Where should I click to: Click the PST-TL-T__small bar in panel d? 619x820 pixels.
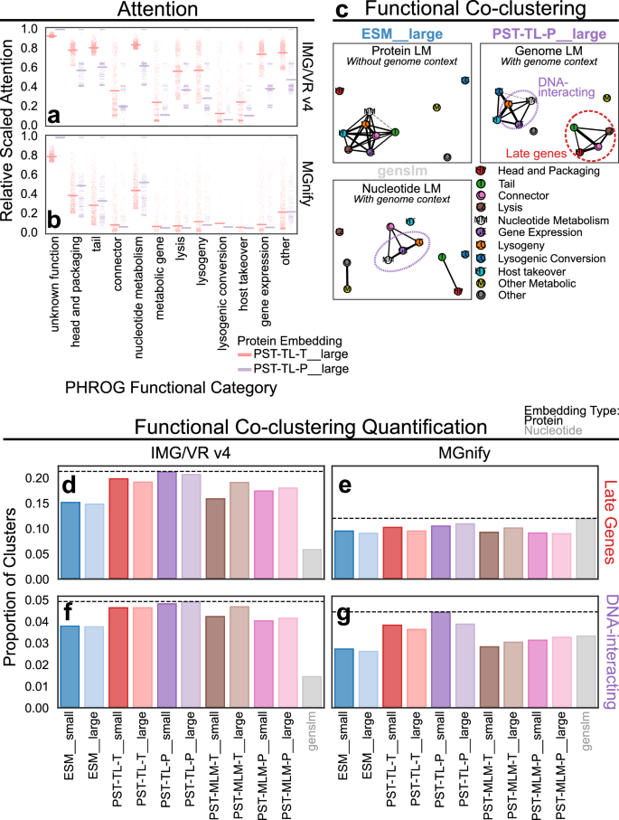click(x=118, y=529)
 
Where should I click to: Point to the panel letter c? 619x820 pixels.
click(x=342, y=12)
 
